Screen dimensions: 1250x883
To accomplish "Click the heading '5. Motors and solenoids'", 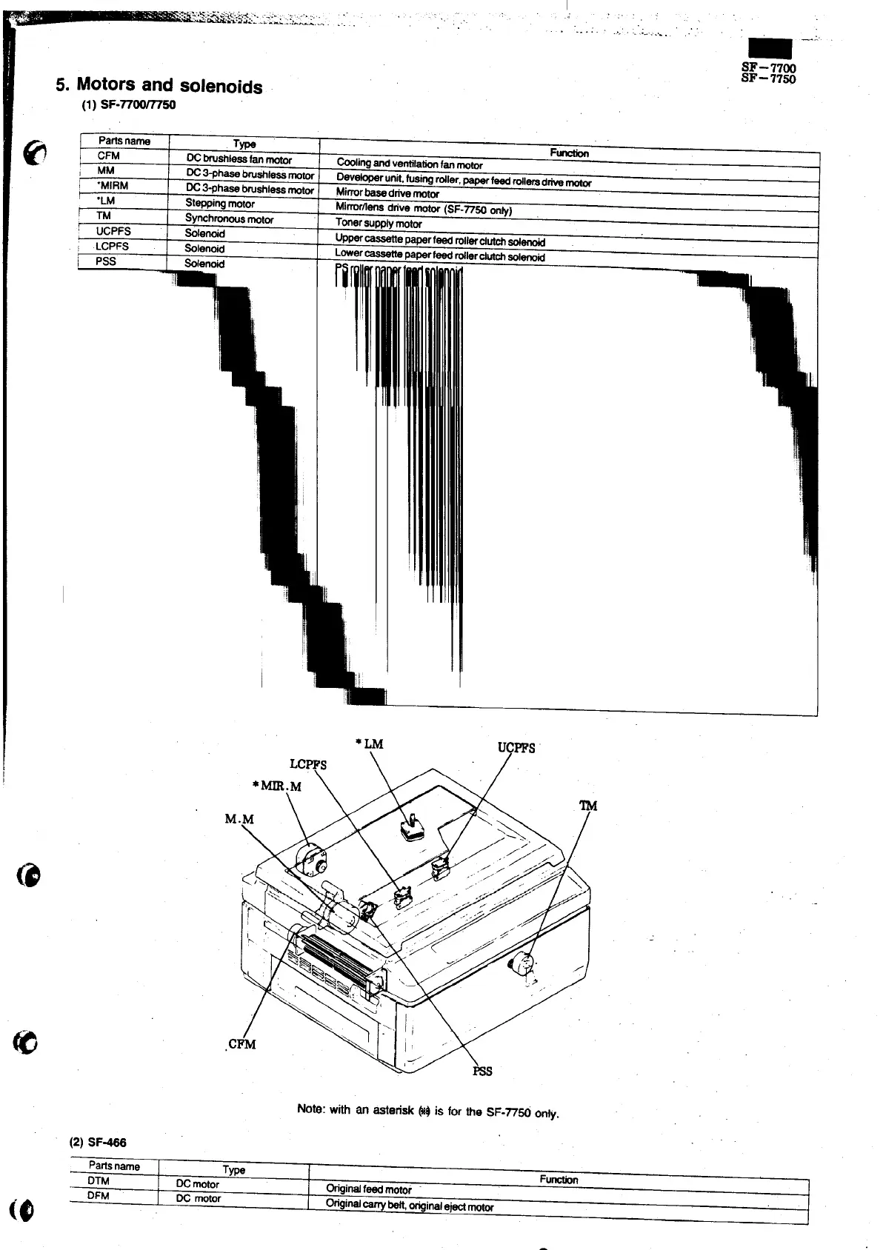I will click(x=159, y=86).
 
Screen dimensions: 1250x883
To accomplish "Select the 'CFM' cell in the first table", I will click(x=108, y=156).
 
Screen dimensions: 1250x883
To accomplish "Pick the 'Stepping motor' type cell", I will click(x=220, y=204).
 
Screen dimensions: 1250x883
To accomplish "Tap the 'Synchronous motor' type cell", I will click(x=229, y=219).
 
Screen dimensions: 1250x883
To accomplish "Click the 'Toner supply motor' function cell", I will click(x=379, y=223).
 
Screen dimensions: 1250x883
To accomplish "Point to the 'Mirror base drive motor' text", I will click(x=387, y=193).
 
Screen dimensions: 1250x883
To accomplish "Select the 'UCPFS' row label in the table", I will click(x=113, y=231).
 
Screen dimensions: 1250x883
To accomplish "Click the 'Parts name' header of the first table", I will click(x=124, y=141).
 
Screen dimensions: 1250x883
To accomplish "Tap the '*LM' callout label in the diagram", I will click(x=370, y=744).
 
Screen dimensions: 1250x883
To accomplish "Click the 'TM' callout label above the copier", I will click(x=588, y=806).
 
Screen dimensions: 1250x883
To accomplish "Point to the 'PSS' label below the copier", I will click(x=482, y=1071).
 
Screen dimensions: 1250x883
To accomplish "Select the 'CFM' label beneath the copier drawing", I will click(x=241, y=1044).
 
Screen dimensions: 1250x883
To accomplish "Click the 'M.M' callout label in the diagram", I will click(x=239, y=819).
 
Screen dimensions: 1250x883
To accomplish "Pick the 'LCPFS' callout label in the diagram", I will click(x=308, y=764).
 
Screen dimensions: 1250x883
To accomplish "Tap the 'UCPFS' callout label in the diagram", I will click(x=516, y=747).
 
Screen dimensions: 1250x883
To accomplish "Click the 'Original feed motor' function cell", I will click(x=369, y=1189).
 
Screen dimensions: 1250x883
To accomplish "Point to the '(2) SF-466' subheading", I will click(x=99, y=1142).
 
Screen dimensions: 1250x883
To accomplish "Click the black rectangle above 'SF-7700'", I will click(x=770, y=50).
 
